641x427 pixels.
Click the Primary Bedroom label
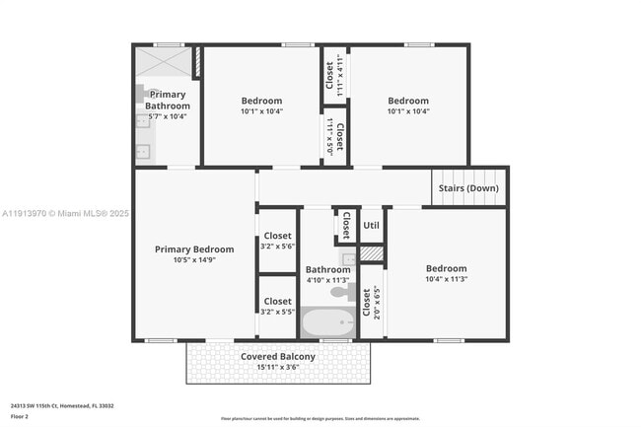194,249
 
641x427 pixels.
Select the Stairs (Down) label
468,188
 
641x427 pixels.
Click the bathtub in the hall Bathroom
327,322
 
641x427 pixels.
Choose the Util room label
371,226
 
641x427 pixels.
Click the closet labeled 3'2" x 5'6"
277,241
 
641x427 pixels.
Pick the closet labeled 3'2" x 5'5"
277,306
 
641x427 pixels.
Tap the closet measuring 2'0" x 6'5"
366,306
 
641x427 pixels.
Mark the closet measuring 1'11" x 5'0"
334,135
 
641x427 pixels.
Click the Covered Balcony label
278,356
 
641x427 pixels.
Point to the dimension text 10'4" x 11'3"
446,280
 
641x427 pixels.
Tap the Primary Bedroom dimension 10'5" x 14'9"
194,261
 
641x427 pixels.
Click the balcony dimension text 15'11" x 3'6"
278,367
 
